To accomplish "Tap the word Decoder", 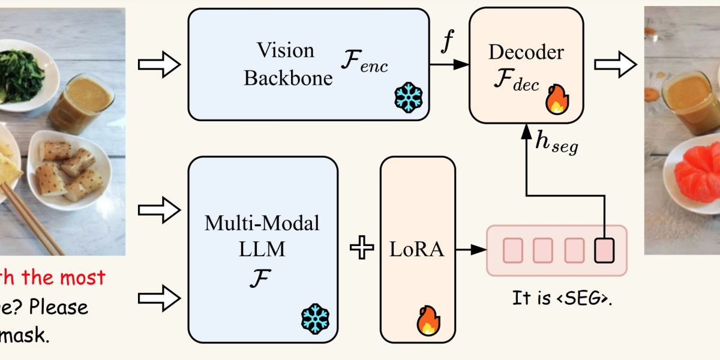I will click(526, 52).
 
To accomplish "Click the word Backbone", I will click(288, 78).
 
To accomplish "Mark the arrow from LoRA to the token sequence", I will click(470, 249).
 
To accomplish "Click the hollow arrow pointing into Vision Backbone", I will click(159, 64).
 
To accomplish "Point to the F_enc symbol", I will click(364, 62).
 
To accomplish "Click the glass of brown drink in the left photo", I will click(80, 105).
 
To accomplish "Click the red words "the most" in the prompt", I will click(69, 277).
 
